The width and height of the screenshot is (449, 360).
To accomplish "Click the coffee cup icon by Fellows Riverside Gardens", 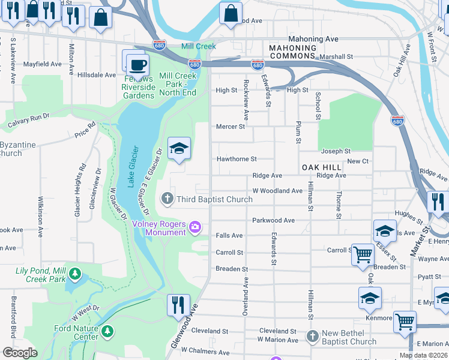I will tap(138, 64).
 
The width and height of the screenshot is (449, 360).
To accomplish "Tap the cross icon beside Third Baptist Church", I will tap(167, 199).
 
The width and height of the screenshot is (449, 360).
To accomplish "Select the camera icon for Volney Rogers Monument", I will tap(194, 227).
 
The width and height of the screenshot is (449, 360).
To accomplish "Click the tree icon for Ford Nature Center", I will tap(107, 331).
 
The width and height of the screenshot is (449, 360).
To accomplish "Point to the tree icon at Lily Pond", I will tap(74, 274).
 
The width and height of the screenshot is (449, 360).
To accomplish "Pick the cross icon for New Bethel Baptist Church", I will tap(312, 336).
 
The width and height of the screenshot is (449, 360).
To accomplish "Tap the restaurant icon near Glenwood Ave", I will tap(178, 304).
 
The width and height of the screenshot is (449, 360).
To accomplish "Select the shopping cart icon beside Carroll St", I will tap(363, 254).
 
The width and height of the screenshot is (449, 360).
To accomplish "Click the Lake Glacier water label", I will tap(134, 166).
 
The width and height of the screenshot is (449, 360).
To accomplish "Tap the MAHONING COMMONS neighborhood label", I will tap(292, 52).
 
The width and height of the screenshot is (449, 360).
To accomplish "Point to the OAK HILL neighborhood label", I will tap(321, 167).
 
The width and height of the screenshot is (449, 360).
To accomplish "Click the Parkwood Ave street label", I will tap(273, 220).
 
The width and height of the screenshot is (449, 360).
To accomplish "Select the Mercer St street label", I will tap(231, 127).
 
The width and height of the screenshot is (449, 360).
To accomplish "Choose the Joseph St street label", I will tap(336, 151).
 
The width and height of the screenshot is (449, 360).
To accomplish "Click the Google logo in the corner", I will tap(20, 353).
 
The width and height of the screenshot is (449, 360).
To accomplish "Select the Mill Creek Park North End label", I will tap(178, 84).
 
